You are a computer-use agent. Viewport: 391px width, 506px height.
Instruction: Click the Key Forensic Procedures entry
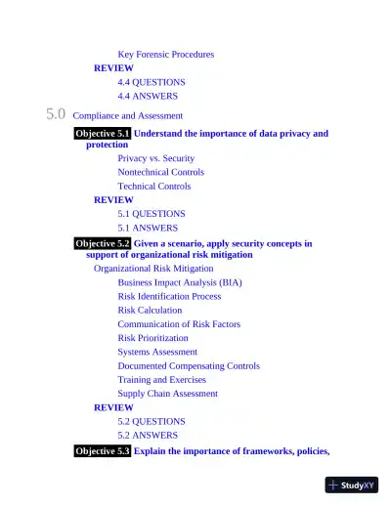coord(165,55)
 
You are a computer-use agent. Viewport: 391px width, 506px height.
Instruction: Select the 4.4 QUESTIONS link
coord(151,82)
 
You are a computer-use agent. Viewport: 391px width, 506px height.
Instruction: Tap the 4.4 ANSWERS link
coord(148,96)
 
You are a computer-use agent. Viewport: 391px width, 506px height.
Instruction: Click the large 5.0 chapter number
coord(56,114)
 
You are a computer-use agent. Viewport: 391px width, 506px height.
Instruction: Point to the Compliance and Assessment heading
coord(127,115)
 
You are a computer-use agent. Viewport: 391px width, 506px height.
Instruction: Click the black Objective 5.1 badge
coord(102,133)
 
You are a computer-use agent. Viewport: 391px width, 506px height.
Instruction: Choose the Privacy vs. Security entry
coord(155,158)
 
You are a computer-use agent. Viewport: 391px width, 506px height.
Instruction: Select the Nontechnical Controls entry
coord(160,172)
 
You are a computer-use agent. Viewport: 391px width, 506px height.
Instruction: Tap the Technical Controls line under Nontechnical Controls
coord(153,186)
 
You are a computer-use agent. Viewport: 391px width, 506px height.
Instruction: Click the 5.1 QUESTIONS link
coord(151,213)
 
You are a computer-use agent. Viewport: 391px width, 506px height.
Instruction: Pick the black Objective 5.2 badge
coord(102,243)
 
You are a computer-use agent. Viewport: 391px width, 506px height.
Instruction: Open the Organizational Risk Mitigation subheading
coord(152,269)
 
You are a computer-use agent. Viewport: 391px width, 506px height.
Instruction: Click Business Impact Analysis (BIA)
coord(179,282)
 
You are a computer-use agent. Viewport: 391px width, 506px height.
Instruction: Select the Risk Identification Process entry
coord(169,296)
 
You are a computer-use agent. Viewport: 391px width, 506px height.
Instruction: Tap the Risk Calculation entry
coord(150,310)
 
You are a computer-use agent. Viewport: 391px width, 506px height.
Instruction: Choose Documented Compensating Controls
coord(189,366)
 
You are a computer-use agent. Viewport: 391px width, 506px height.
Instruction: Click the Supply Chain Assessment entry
coord(167,394)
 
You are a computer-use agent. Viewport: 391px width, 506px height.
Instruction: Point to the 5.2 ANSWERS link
coord(148,435)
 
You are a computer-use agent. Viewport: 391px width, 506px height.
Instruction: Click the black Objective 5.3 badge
coord(102,451)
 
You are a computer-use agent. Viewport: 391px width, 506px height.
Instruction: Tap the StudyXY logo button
coord(351,485)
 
